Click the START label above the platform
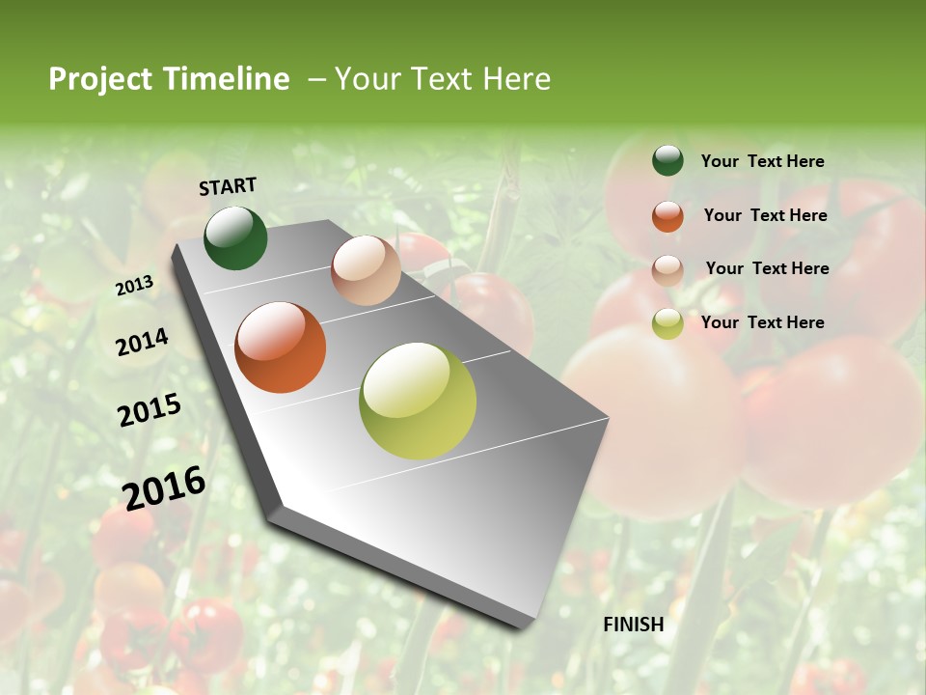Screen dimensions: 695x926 click(228, 186)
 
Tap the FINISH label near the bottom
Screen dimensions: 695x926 click(634, 625)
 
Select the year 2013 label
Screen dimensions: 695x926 click(135, 285)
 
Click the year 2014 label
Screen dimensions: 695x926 click(143, 343)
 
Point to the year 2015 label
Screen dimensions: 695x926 click(150, 410)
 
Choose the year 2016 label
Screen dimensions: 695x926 click(164, 488)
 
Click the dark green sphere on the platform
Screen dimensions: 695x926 click(235, 238)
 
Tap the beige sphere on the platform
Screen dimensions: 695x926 click(366, 270)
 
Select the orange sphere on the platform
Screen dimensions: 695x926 click(281, 347)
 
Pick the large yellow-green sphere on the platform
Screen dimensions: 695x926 click(418, 401)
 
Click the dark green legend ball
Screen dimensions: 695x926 click(667, 161)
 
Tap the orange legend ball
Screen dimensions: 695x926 click(667, 216)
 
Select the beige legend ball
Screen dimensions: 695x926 click(667, 270)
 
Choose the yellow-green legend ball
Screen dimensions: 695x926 click(667, 323)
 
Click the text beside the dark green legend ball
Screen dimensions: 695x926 click(762, 161)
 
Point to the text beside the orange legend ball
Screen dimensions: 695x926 click(765, 215)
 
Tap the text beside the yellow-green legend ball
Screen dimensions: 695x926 click(762, 322)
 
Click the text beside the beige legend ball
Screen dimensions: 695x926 click(767, 268)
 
